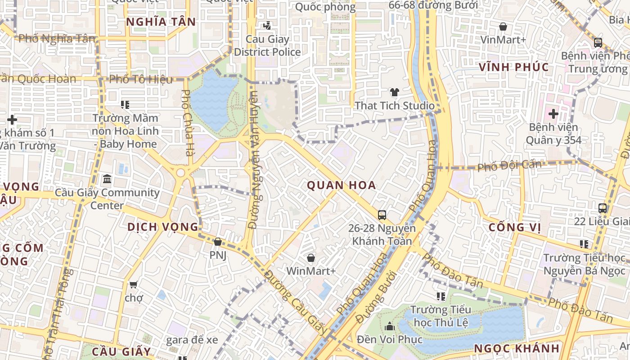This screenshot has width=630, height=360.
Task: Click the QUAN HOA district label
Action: tap(341, 185)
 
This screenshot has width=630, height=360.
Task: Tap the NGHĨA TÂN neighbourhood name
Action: tap(161, 22)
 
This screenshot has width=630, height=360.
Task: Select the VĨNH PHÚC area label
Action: tap(513, 67)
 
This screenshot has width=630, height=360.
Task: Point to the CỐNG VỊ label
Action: tap(515, 228)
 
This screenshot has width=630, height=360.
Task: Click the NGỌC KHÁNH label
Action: tap(517, 348)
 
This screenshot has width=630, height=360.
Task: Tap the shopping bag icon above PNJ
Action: tap(218, 242)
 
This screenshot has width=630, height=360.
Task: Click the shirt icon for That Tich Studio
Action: tap(395, 92)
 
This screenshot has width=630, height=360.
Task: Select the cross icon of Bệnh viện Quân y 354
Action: tap(553, 114)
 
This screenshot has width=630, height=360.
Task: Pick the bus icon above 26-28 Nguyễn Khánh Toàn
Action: tap(382, 215)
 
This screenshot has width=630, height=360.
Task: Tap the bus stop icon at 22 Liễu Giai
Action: tap(603, 208)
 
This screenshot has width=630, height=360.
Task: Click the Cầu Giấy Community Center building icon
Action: tap(107, 180)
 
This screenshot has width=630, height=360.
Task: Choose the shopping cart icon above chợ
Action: tap(133, 284)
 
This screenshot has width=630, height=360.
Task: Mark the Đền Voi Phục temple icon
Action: tap(390, 326)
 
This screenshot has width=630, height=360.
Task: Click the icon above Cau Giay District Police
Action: tap(267, 26)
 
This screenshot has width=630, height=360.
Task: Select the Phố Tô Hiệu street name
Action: tap(141, 80)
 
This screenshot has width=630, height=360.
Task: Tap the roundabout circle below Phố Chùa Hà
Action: tap(180, 173)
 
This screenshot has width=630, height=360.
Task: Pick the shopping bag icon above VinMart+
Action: tap(503, 27)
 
